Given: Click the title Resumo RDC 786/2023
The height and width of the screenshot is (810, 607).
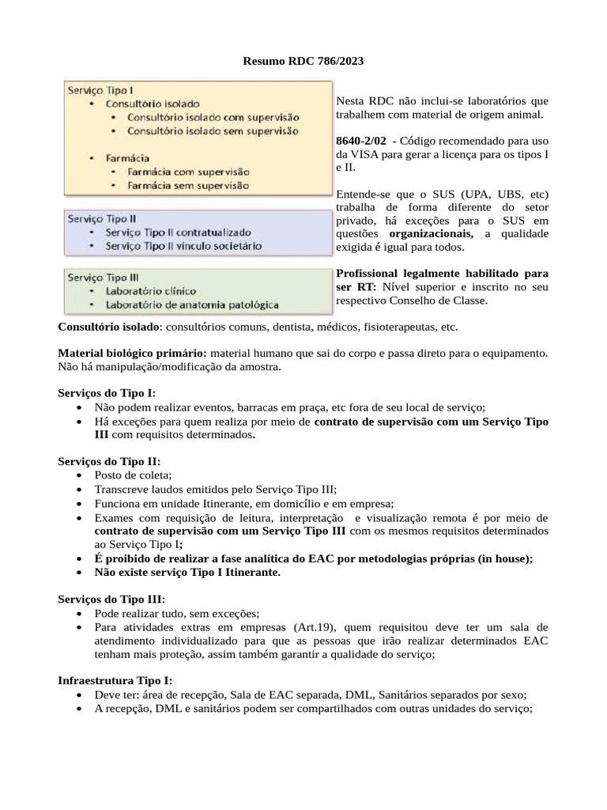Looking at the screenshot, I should [x=303, y=60].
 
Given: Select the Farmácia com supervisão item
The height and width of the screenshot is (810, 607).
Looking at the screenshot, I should [x=188, y=171].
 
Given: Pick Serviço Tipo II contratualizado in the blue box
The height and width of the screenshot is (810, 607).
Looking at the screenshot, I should [x=178, y=233].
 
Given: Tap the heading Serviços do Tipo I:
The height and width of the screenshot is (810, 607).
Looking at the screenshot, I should [x=107, y=393].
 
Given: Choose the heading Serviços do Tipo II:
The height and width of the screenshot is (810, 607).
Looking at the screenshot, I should [x=109, y=461].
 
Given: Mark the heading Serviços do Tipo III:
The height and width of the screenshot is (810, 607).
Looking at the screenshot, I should [x=111, y=599].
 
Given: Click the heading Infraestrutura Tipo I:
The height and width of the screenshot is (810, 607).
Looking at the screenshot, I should [x=115, y=680].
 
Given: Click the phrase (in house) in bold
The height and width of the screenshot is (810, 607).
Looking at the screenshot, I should [x=499, y=558].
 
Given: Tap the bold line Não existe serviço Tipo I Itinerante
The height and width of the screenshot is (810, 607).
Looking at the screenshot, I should [x=187, y=572].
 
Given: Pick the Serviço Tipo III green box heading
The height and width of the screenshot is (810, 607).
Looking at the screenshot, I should [x=104, y=278].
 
